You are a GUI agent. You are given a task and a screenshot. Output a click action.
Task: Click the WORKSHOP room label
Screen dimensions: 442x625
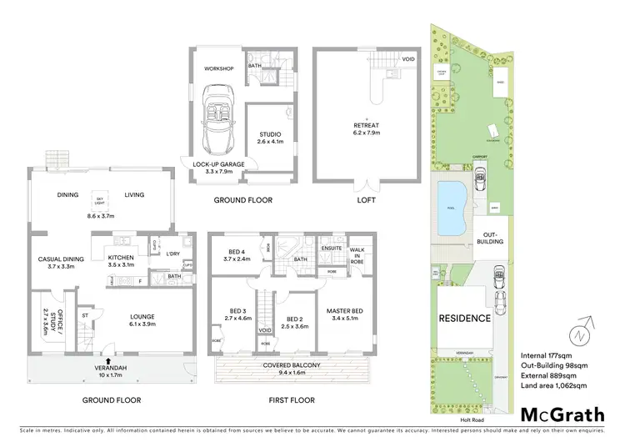click(219, 68)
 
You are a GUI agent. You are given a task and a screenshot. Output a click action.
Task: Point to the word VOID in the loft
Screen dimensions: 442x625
click(408, 59)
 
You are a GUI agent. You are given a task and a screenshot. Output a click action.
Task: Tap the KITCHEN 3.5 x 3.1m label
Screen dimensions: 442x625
click(121, 262)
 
